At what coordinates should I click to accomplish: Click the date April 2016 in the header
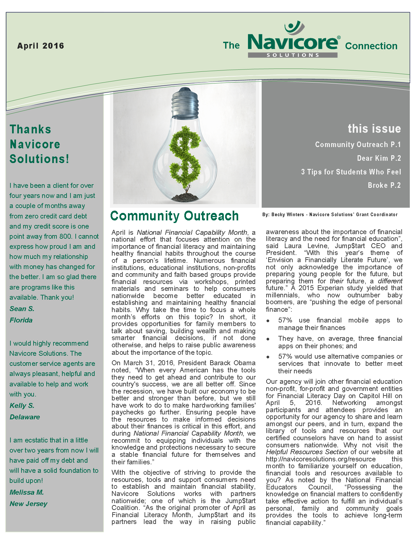coord(41,46)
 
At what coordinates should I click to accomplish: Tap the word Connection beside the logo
coord(371,46)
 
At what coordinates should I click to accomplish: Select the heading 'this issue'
coord(374,129)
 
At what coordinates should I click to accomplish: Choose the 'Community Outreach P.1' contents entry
coord(358,144)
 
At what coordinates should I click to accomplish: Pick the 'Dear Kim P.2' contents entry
coord(379,158)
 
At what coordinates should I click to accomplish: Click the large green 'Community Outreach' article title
coord(175,216)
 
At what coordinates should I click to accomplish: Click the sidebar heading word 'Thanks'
coord(30,129)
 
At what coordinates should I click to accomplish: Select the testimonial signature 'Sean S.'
coord(22,309)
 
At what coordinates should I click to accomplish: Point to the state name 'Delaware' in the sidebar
coord(25,417)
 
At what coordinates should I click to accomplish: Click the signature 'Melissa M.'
coord(27,492)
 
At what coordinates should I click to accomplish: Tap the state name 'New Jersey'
coord(29,504)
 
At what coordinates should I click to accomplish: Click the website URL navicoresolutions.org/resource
coord(321,459)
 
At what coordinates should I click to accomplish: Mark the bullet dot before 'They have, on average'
coord(268,339)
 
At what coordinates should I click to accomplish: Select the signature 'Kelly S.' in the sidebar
coord(22,406)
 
